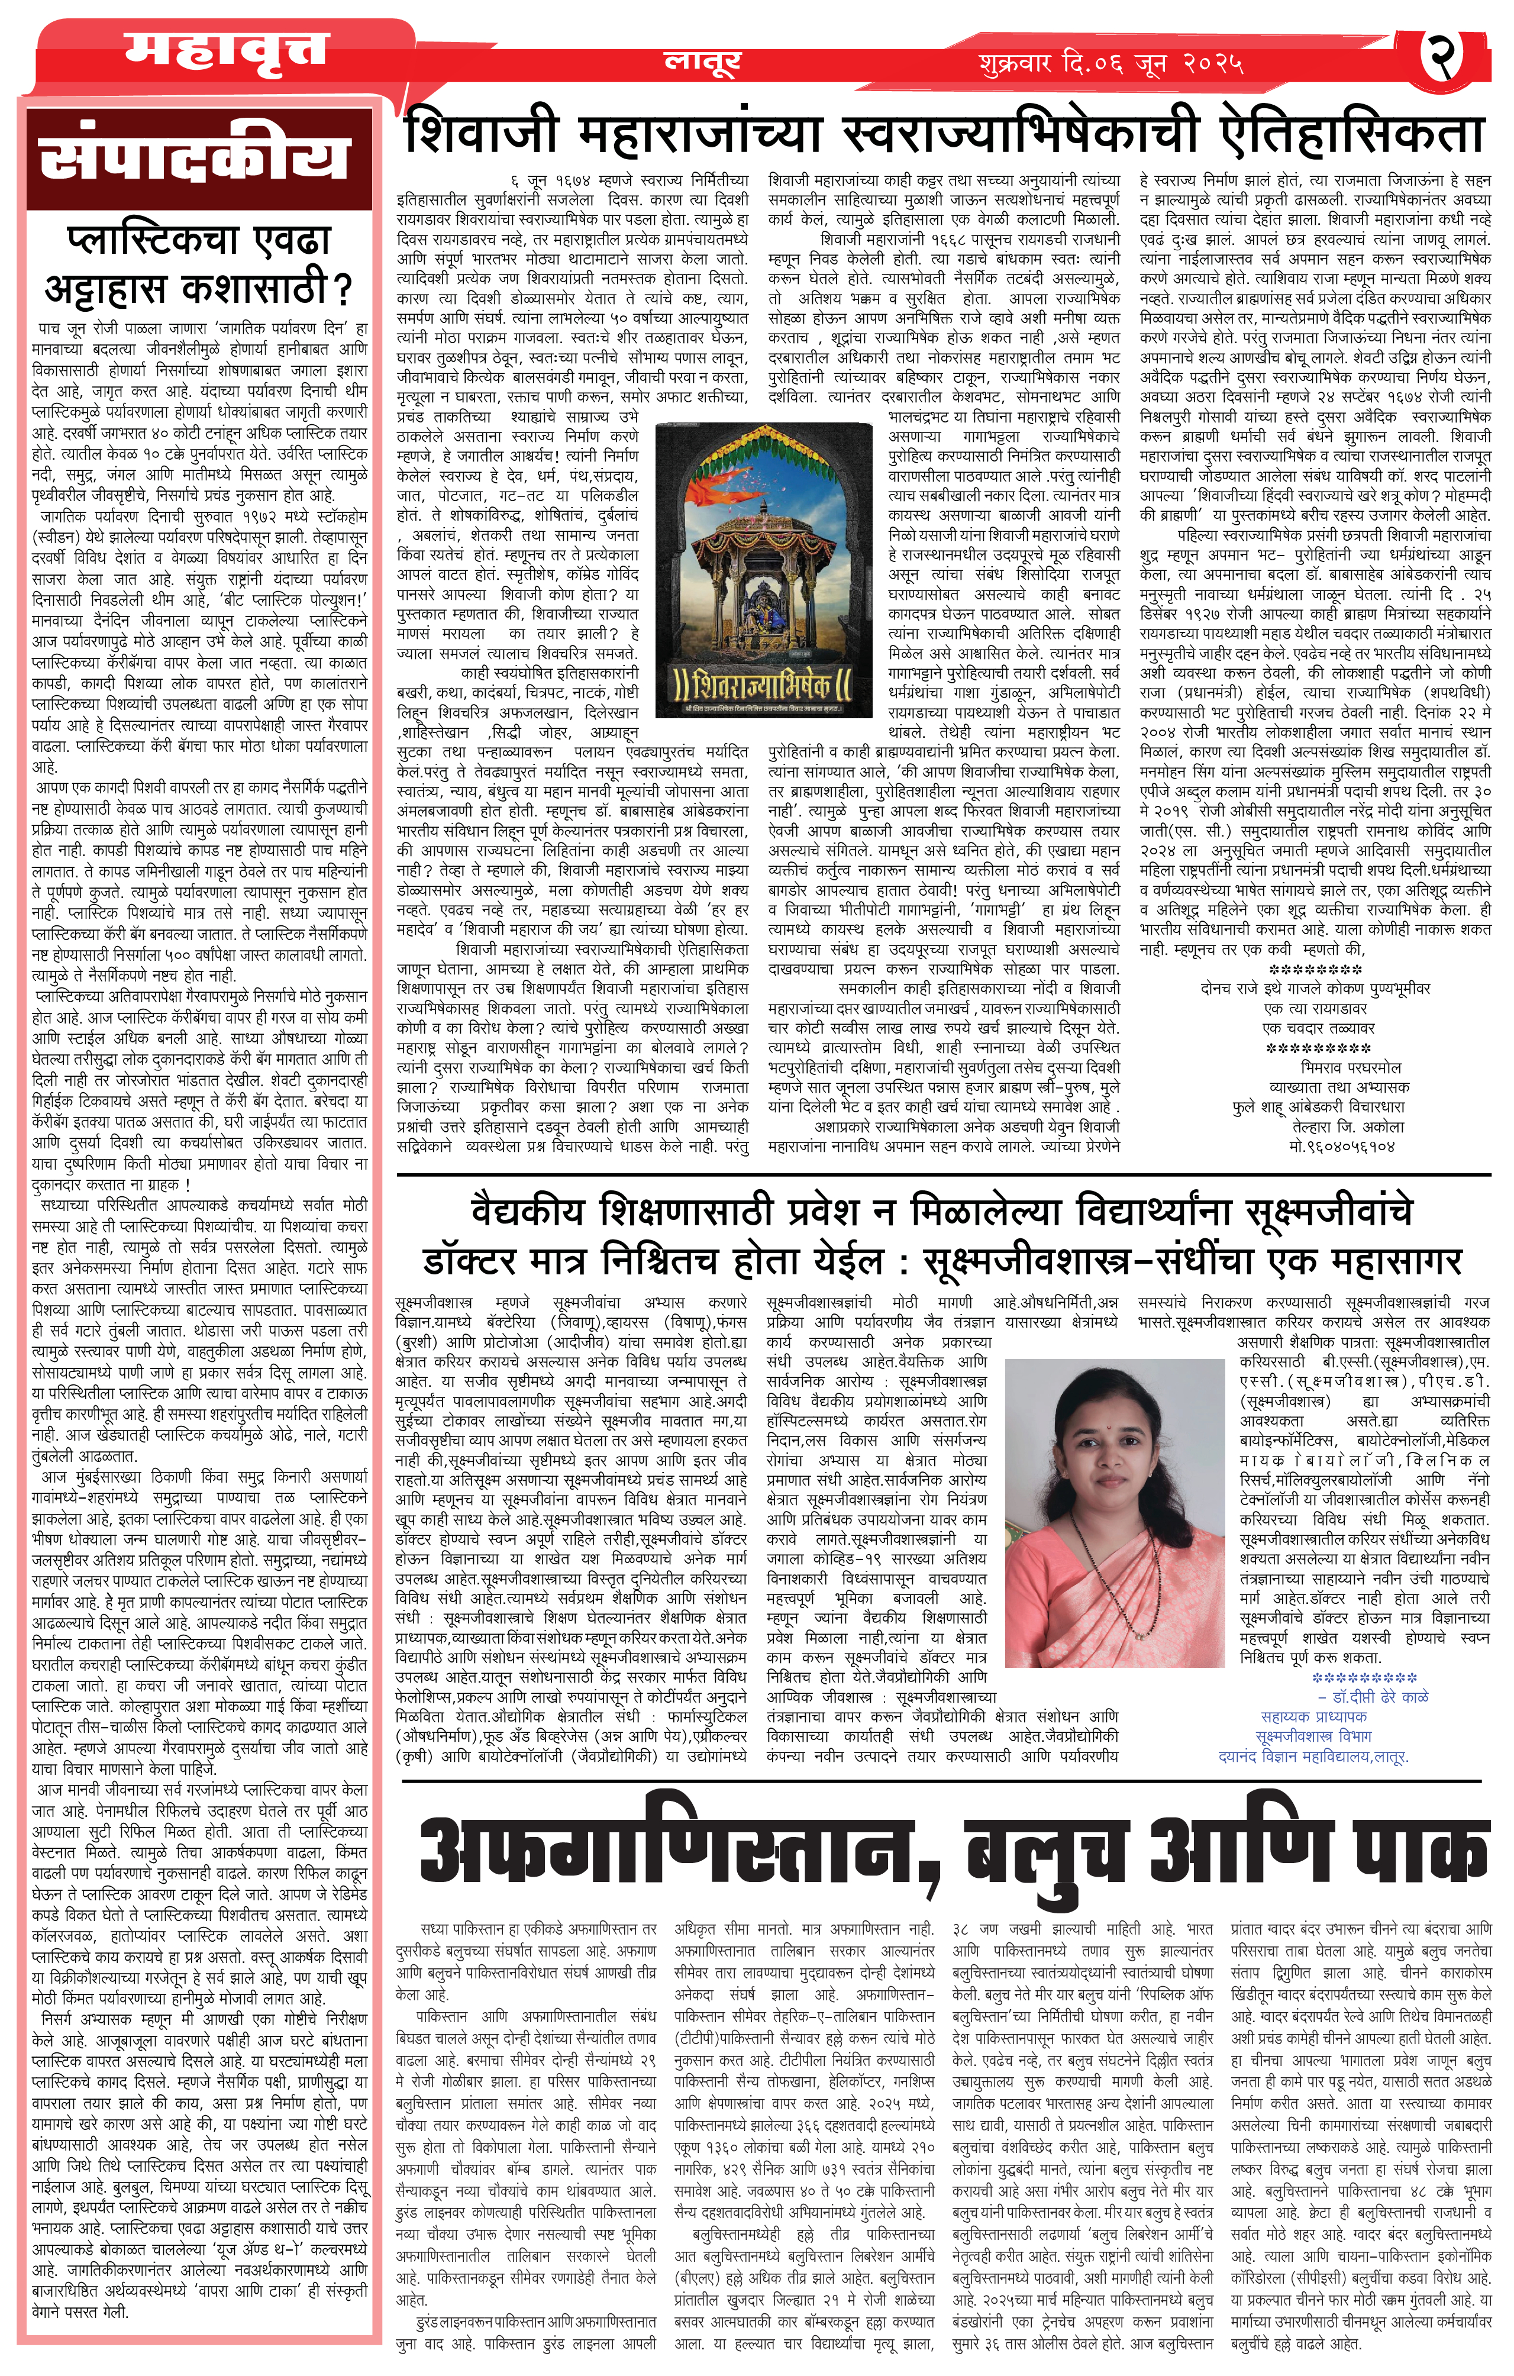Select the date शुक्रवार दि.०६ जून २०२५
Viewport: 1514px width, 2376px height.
[x=1111, y=64]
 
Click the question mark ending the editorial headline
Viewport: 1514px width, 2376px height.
[x=343, y=290]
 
